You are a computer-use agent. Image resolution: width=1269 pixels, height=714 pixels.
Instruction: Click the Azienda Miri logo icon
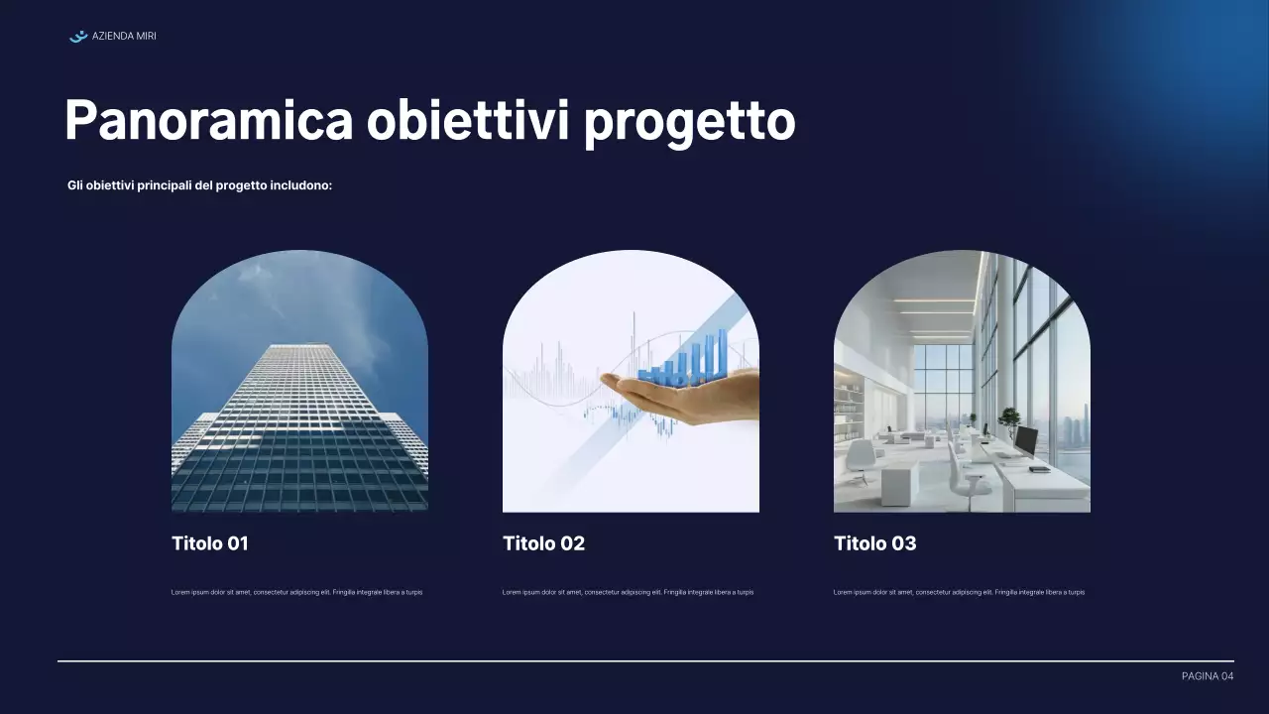tap(78, 37)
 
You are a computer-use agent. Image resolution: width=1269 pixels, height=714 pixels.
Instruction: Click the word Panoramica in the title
tap(208, 121)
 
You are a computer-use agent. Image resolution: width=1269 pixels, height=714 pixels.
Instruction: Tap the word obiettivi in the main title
tap(467, 121)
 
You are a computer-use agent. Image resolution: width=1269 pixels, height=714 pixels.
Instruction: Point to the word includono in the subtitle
tap(301, 185)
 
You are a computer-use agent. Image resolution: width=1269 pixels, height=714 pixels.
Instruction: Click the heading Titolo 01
tap(210, 543)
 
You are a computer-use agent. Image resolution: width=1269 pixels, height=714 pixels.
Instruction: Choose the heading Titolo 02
tap(543, 543)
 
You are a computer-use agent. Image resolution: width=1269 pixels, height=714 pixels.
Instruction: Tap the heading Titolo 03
tap(874, 543)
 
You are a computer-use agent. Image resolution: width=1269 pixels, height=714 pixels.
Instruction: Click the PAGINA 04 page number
tap(1208, 676)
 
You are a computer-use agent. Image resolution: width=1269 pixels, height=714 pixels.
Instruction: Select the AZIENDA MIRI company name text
tap(124, 37)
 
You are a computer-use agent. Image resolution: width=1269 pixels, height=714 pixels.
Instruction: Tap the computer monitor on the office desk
tap(1025, 440)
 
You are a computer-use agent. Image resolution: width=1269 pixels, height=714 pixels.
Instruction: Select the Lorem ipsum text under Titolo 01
tap(297, 592)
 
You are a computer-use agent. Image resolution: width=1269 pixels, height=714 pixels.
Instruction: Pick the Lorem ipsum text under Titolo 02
tap(628, 592)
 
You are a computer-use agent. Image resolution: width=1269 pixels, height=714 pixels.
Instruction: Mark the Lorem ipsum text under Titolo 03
tap(959, 592)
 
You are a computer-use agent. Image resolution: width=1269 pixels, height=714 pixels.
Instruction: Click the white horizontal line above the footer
tap(644, 660)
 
